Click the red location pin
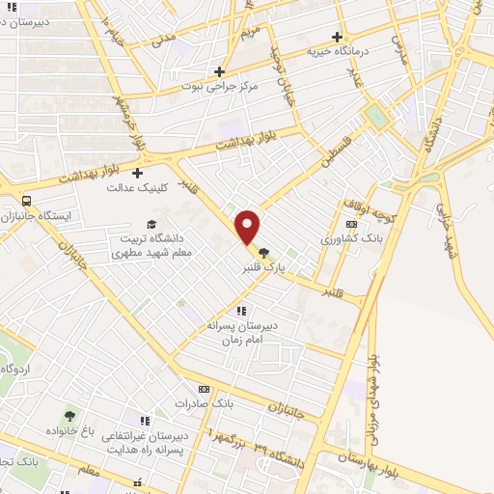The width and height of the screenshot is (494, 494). coord(248,227)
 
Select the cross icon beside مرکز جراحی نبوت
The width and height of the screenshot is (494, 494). coord(220,70)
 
